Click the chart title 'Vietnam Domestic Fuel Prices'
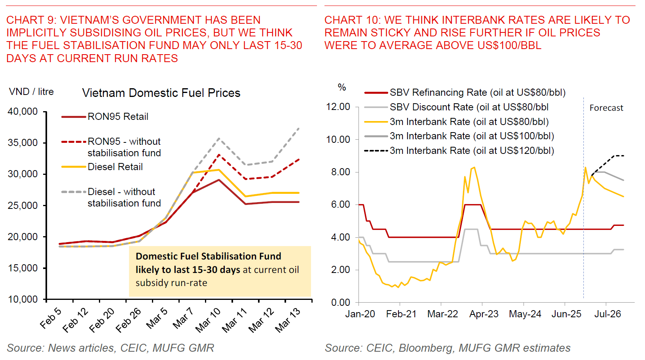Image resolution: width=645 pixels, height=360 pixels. (161, 93)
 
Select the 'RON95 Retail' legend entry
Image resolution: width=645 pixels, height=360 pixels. (118, 117)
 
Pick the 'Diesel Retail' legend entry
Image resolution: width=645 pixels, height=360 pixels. (115, 167)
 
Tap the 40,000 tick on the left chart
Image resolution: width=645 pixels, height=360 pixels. (23, 112)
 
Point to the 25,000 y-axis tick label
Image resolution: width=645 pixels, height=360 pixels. (23, 206)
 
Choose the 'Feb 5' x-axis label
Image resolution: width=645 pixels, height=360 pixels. (51, 318)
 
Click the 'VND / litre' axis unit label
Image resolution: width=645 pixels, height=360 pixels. (31, 92)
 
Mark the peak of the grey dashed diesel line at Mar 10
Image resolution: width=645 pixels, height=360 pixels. (219, 138)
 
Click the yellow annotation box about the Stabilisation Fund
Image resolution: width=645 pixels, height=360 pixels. (220, 271)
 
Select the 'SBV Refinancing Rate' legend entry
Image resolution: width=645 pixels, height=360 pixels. (477, 93)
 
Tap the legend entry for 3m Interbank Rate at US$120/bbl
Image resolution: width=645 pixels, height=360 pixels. (472, 151)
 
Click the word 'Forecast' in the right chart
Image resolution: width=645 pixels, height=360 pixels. (606, 108)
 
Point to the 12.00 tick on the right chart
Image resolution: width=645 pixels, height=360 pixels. (338, 107)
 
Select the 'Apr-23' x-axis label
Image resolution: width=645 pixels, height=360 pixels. (484, 314)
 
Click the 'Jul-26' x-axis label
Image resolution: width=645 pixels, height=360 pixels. (607, 314)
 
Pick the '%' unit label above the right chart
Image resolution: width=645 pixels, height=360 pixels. (342, 87)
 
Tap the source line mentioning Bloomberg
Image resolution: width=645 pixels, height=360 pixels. (447, 348)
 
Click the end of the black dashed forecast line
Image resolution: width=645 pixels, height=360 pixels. (624, 156)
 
